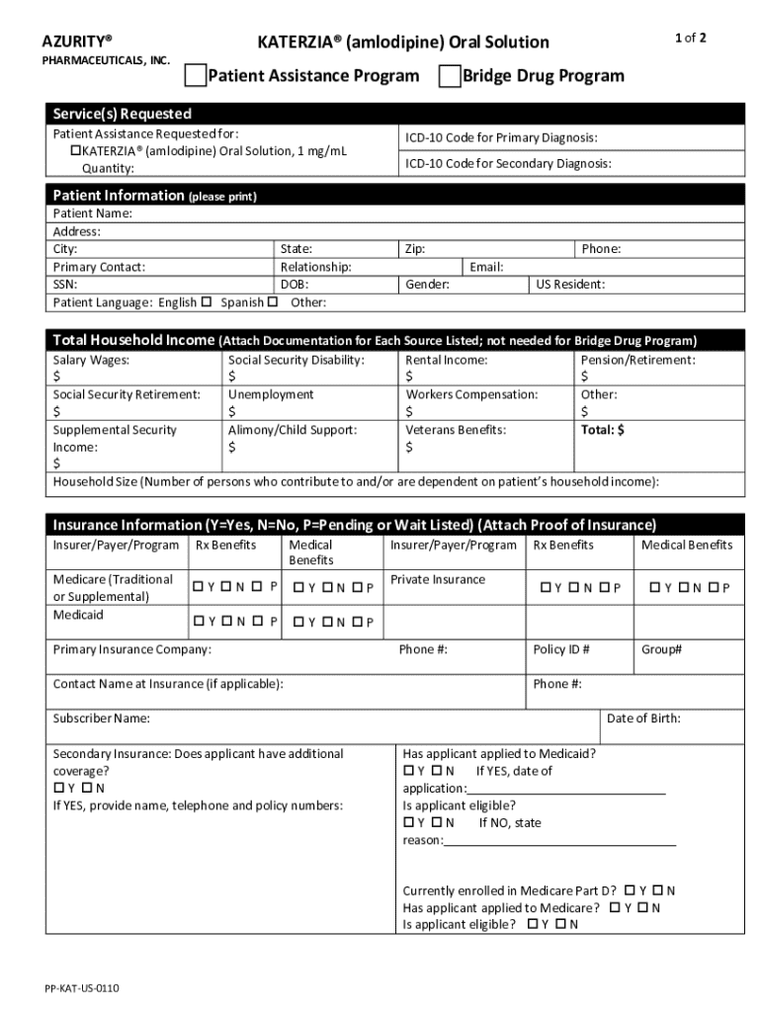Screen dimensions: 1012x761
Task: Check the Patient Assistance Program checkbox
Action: tap(196, 76)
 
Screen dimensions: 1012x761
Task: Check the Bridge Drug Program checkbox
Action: tap(450, 76)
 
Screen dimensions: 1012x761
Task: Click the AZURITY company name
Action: tap(76, 42)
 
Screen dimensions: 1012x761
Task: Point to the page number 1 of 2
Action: tap(690, 39)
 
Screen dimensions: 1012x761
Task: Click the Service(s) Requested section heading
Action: tap(122, 114)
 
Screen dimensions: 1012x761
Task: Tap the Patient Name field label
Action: tap(92, 213)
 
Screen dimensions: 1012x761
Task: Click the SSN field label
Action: tap(65, 285)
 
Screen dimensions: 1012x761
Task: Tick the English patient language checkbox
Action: tap(207, 301)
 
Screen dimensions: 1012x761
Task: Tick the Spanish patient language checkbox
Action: tap(272, 301)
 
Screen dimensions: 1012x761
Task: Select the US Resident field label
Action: tap(570, 285)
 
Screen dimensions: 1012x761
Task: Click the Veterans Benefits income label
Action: tap(456, 430)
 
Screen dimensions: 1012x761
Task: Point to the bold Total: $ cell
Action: tap(602, 430)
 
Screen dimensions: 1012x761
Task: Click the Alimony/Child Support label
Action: tap(293, 430)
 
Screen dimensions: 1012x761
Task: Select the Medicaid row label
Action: tap(78, 615)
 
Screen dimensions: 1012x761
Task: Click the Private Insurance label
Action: tap(438, 579)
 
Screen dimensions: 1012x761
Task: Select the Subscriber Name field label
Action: tap(101, 718)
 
